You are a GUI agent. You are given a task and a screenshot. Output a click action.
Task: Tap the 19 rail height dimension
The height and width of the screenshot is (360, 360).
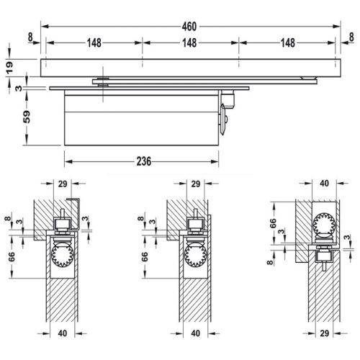tap(9, 66)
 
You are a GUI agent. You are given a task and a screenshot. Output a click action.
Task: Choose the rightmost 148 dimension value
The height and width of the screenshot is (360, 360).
tap(287, 42)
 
